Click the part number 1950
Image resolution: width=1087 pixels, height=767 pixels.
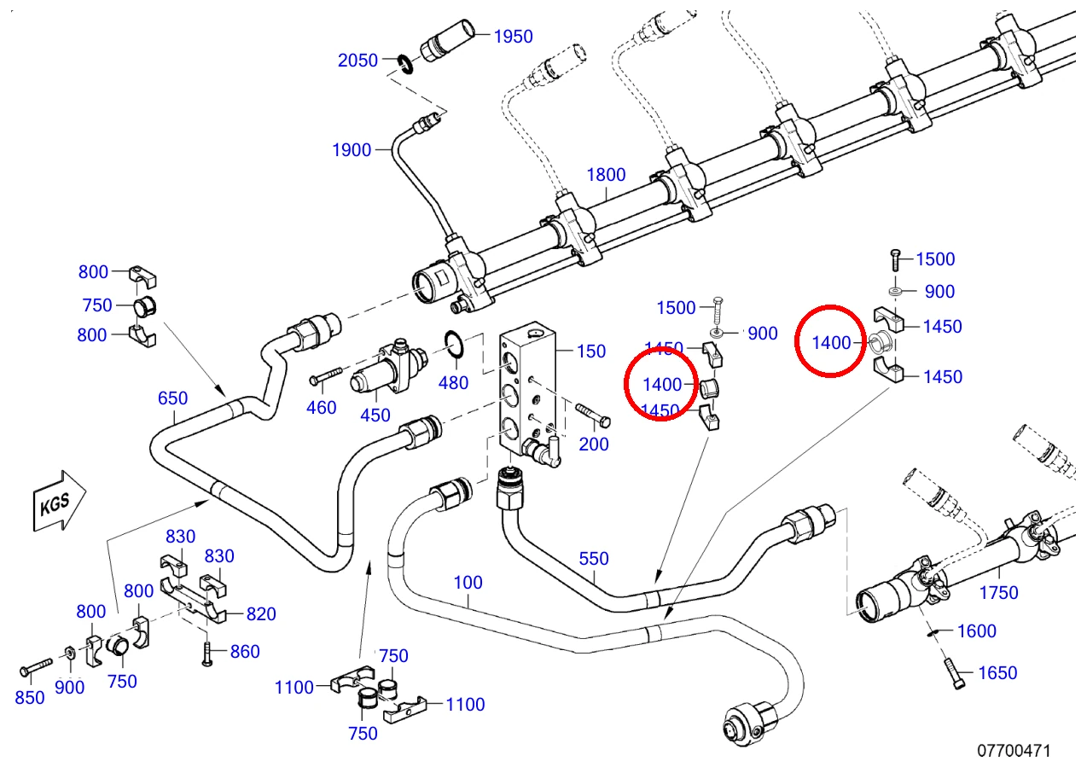(x=513, y=37)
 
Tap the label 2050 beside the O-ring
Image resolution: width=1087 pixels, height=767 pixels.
(x=357, y=61)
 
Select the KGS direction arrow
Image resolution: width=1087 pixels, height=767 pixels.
(x=59, y=501)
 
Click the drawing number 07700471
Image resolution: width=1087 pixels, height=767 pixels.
(x=1014, y=751)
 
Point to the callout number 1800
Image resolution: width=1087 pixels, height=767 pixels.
(x=606, y=175)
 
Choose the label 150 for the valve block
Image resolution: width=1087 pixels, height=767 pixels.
(x=591, y=352)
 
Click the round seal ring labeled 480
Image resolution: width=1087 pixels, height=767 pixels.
(x=454, y=344)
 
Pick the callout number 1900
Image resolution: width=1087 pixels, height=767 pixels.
(x=352, y=150)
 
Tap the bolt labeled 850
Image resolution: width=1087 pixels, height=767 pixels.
(x=36, y=666)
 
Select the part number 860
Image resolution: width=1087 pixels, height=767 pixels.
(x=245, y=652)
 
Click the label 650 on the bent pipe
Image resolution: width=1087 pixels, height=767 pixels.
(x=172, y=398)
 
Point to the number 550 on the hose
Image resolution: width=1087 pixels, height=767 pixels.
(x=594, y=558)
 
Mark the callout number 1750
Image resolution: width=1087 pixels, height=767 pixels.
(x=998, y=592)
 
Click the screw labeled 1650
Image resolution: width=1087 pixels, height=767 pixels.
(x=954, y=673)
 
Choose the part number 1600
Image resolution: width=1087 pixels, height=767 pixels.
(x=976, y=630)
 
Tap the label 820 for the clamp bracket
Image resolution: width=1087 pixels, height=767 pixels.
(x=261, y=613)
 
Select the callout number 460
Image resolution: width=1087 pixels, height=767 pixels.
(x=322, y=408)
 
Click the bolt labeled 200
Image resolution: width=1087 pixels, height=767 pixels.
(x=593, y=414)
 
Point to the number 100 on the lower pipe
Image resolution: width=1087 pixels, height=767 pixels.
(x=468, y=582)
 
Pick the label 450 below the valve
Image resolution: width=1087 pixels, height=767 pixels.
(x=375, y=415)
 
